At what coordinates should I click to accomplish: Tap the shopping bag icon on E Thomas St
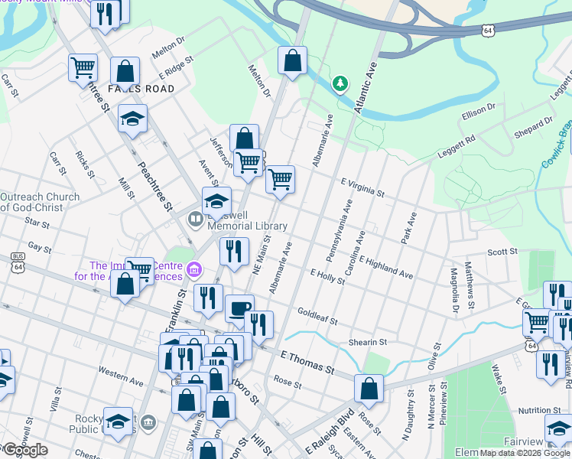tap(369, 389)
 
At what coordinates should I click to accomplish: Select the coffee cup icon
tap(239, 308)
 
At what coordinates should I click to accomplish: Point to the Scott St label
tap(502, 251)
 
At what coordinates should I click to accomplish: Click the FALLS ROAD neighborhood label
tap(141, 89)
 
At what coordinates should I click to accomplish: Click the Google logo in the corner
tap(24, 450)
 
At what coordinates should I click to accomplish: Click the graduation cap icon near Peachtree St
tap(132, 119)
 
